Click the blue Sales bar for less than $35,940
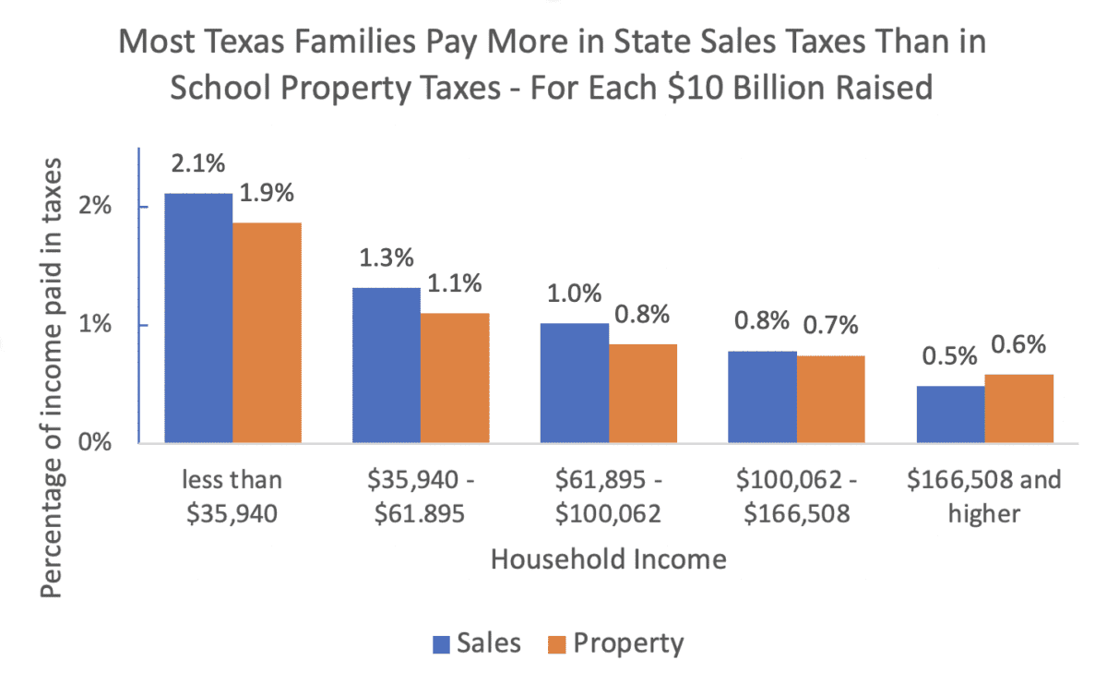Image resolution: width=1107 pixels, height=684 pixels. [x=197, y=318]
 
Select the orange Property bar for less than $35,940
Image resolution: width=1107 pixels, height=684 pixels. [x=267, y=333]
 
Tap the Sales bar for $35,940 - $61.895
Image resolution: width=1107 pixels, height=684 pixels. [x=386, y=366]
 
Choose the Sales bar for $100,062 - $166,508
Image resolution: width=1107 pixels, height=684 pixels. [x=762, y=397]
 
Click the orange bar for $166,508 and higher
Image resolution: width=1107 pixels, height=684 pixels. [x=1019, y=409]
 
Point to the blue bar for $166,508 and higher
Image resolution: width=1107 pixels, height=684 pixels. [x=950, y=414]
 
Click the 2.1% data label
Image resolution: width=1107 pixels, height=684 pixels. [x=197, y=166]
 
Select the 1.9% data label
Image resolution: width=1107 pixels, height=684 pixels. [x=267, y=194]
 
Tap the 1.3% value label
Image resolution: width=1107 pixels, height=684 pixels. [x=386, y=259]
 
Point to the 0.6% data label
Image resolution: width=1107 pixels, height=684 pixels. [x=1019, y=346]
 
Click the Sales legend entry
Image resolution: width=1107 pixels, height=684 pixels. [x=477, y=643]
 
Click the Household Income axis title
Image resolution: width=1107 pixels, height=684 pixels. [x=608, y=559]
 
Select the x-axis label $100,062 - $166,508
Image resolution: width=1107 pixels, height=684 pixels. [x=796, y=497]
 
